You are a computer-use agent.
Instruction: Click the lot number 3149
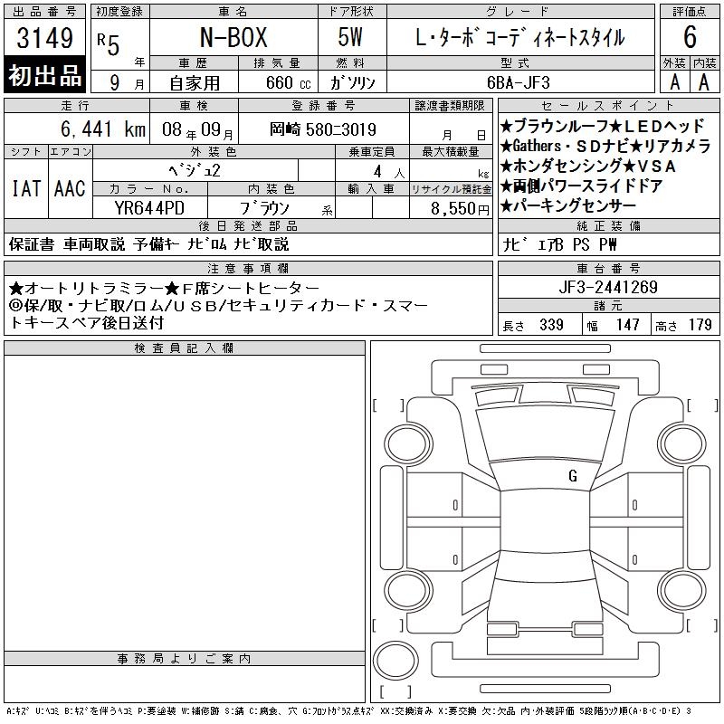point(44,38)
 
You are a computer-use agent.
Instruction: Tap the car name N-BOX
point(233,37)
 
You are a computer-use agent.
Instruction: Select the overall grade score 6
point(690,37)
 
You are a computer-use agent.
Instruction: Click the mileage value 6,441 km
point(103,129)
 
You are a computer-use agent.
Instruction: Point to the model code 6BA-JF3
point(519,82)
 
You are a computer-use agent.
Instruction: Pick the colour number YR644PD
point(149,208)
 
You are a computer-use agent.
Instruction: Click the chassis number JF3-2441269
point(608,287)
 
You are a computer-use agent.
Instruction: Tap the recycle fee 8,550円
point(460,209)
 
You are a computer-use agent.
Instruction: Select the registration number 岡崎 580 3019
point(323,129)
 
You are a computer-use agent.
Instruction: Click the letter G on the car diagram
point(573,476)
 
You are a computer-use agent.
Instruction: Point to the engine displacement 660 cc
point(288,83)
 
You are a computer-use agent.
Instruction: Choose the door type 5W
point(350,37)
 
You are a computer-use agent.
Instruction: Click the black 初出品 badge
point(44,75)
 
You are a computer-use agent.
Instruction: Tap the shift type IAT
point(26,188)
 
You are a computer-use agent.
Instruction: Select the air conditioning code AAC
point(70,188)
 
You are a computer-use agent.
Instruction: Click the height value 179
point(700,325)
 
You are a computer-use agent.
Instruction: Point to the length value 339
point(551,325)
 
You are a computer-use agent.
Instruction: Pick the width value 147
point(628,325)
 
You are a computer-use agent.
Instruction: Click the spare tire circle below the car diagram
point(395,661)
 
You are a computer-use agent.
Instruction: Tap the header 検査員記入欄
point(184,348)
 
